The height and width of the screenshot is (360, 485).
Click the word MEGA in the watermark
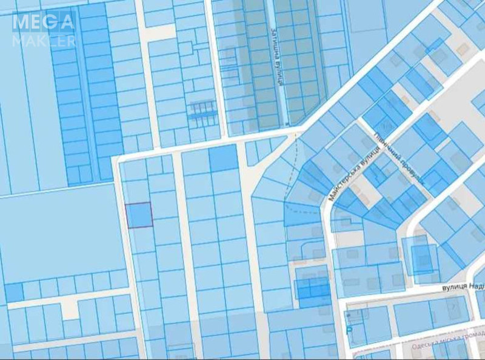43,23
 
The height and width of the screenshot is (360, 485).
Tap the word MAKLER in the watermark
43,41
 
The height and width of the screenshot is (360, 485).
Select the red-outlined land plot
139,215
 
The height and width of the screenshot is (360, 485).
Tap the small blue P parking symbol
349,330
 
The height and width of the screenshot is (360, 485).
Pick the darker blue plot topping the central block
223,158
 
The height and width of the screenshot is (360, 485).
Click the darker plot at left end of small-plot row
14,293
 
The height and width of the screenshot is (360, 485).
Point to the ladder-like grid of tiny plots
202,109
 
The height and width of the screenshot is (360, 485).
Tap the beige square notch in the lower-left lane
71,309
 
